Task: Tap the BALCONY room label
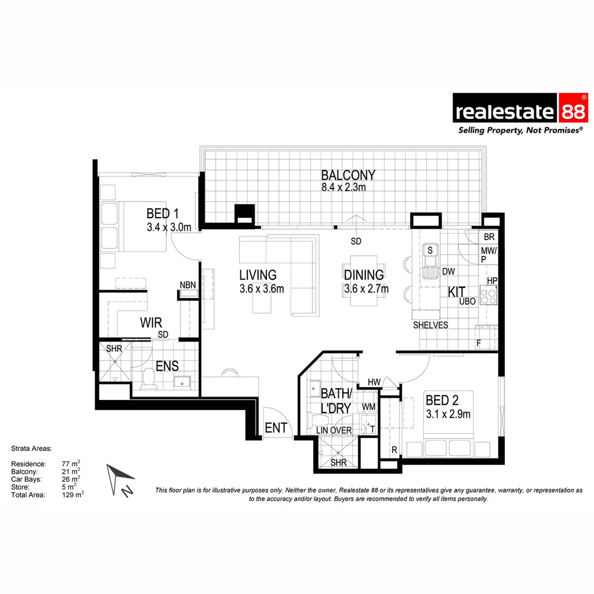(x=348, y=175)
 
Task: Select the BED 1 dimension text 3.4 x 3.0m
(x=169, y=226)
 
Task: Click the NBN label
(x=187, y=285)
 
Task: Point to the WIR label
(x=150, y=322)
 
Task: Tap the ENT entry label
(x=276, y=428)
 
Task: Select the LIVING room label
(x=258, y=275)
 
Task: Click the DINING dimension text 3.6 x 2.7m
(x=366, y=289)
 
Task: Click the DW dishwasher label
(x=448, y=271)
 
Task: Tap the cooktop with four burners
(x=488, y=296)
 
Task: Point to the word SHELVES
(x=431, y=325)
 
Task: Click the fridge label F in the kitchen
(x=479, y=344)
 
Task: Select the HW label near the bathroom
(x=374, y=382)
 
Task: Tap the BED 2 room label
(x=442, y=400)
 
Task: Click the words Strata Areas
(x=31, y=449)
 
